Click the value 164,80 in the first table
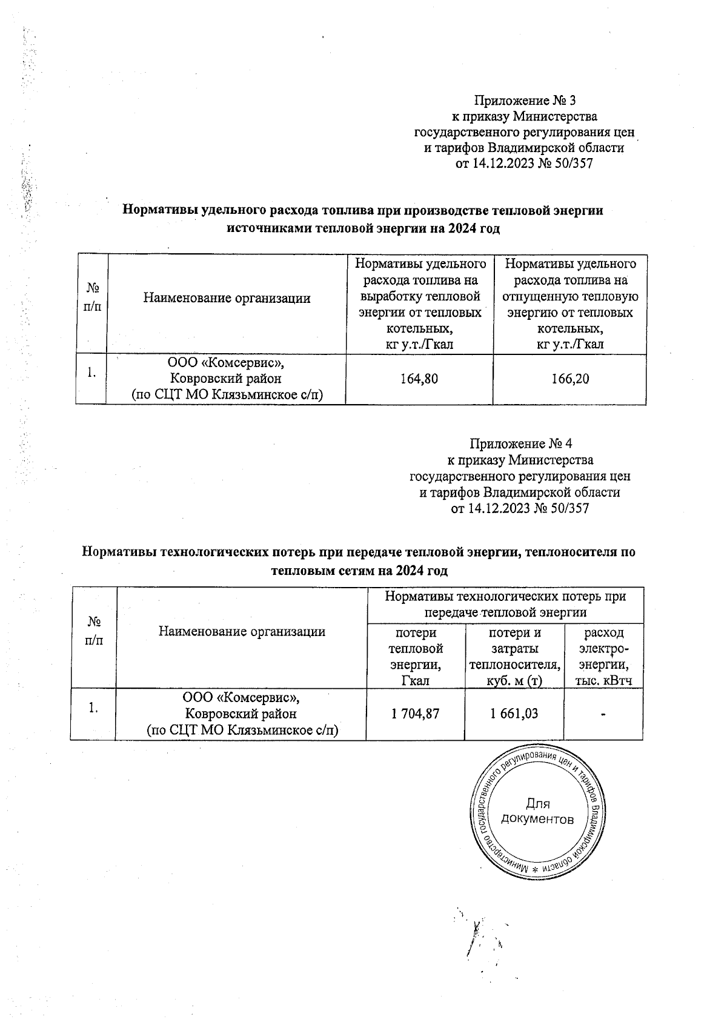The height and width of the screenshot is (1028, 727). (x=419, y=379)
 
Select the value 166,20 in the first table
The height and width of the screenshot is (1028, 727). (x=570, y=379)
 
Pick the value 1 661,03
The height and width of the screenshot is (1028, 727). (x=514, y=714)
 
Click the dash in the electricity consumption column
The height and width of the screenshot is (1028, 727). (x=603, y=715)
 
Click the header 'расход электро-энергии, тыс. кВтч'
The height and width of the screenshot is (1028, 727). (x=603, y=656)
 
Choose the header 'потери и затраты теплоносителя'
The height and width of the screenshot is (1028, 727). (x=514, y=656)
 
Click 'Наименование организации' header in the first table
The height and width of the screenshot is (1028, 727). (x=227, y=298)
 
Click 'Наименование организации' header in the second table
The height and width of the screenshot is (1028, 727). (x=242, y=631)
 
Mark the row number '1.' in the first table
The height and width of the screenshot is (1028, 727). (x=91, y=373)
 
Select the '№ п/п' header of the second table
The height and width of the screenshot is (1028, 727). (x=93, y=631)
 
